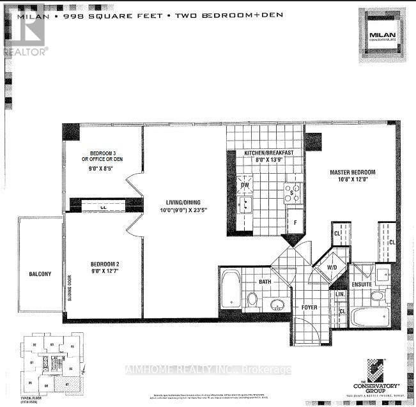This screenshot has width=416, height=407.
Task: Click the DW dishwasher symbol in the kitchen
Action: tap(245, 186)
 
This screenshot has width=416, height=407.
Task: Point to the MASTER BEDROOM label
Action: tap(352, 173)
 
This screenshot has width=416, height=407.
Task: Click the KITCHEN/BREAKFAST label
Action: tap(268, 153)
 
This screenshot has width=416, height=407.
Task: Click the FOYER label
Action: tap(311, 307)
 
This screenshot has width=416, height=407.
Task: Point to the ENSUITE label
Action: tap(362, 284)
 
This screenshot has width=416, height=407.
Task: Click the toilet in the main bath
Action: tap(252, 299)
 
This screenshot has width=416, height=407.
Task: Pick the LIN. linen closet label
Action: tap(340, 294)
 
